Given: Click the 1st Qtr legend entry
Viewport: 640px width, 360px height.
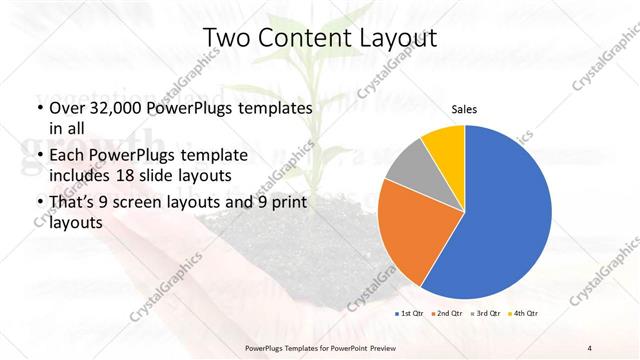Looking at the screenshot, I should coord(412,313).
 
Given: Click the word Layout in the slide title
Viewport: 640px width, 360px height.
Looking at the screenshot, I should coord(398,38).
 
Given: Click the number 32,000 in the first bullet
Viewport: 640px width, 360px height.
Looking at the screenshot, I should coord(117,107).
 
